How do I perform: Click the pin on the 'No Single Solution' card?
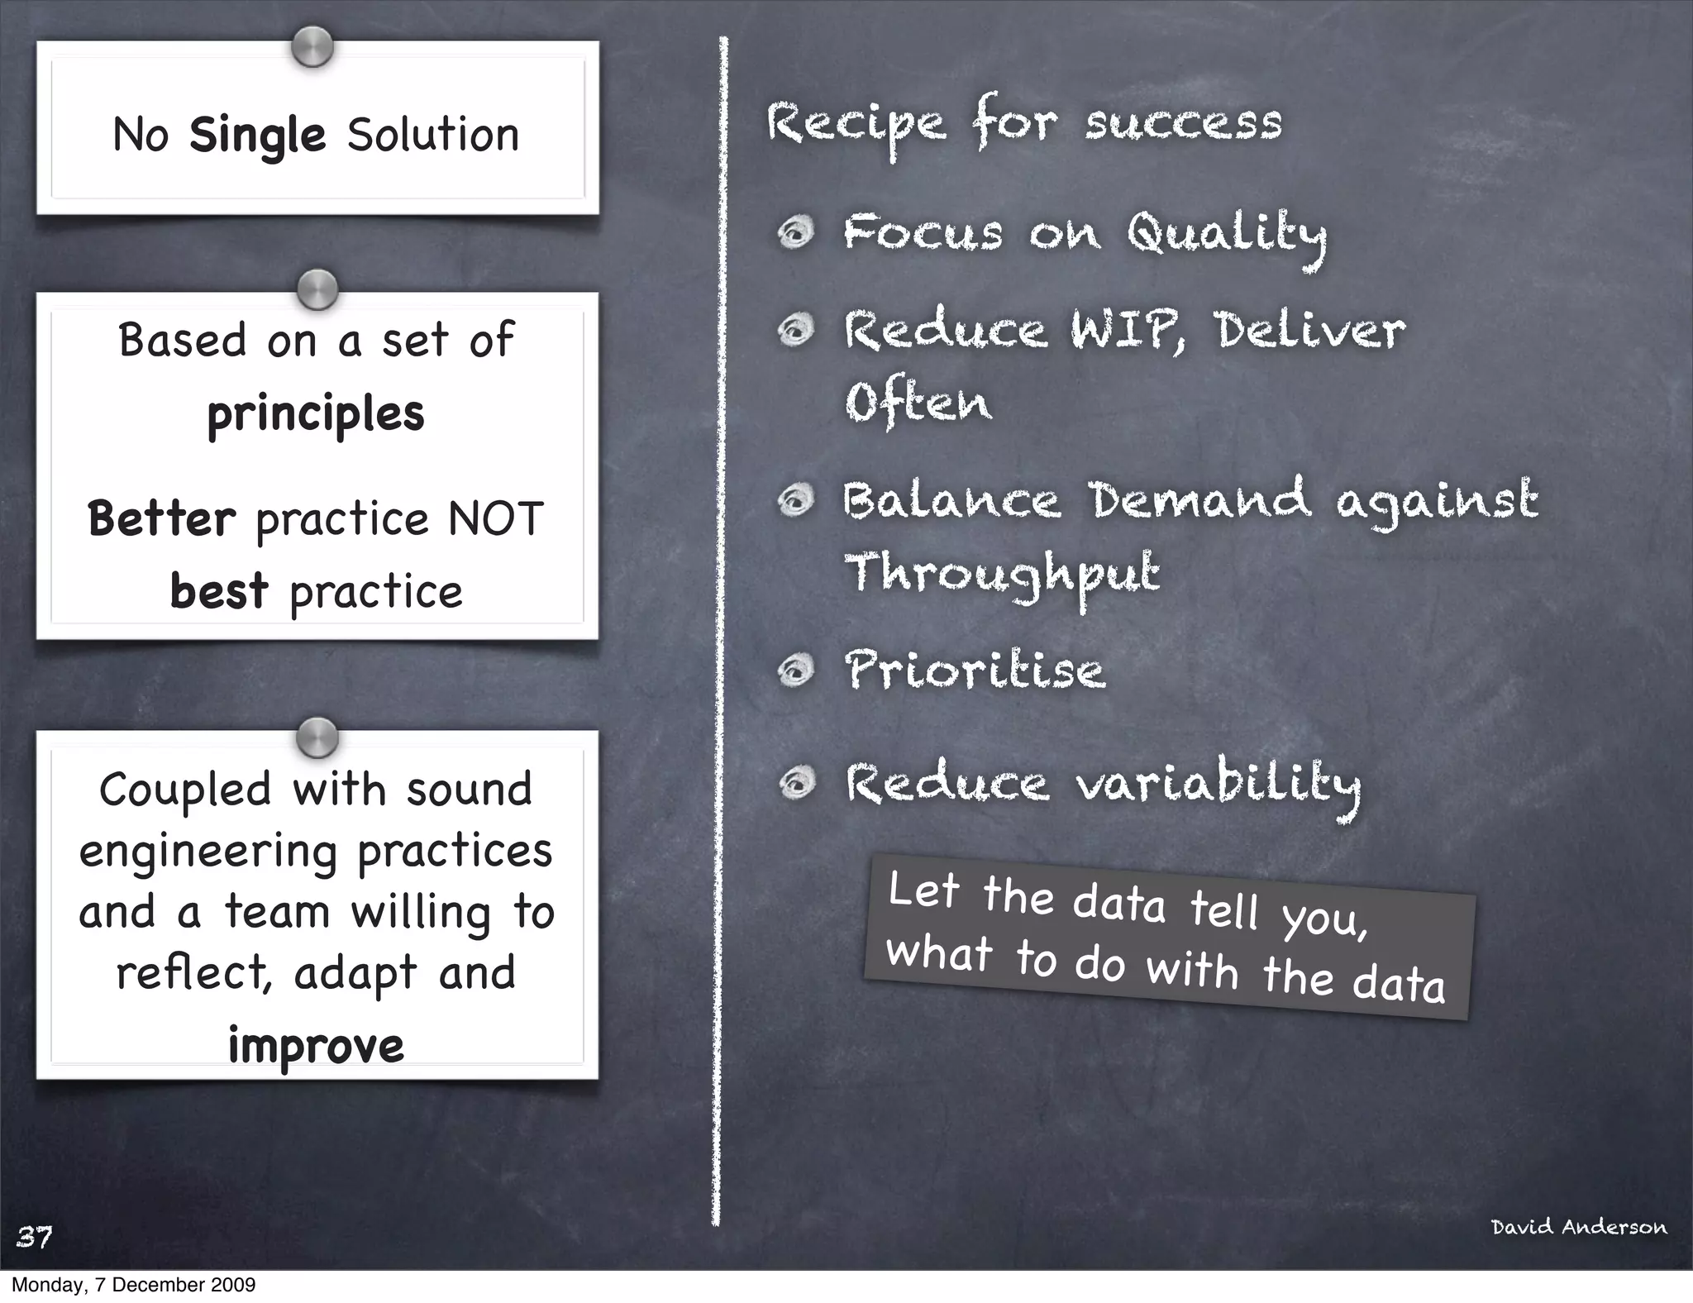click(312, 46)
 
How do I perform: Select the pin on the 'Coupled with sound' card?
click(317, 737)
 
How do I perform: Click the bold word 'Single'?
click(257, 136)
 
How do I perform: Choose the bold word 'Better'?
click(162, 519)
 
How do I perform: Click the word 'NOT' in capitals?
click(495, 519)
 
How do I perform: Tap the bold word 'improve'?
click(316, 1046)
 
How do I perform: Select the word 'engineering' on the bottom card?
click(208, 852)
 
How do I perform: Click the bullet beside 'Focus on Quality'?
click(796, 232)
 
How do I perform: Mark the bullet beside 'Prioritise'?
click(796, 670)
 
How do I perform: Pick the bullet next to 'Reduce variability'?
click(796, 782)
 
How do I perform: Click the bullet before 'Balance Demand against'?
click(796, 500)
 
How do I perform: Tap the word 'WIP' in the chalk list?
click(1128, 331)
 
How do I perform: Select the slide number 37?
click(35, 1237)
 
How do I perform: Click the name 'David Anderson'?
click(1579, 1227)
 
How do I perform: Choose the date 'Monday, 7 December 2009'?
click(133, 1285)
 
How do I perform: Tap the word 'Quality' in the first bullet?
click(1227, 235)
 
